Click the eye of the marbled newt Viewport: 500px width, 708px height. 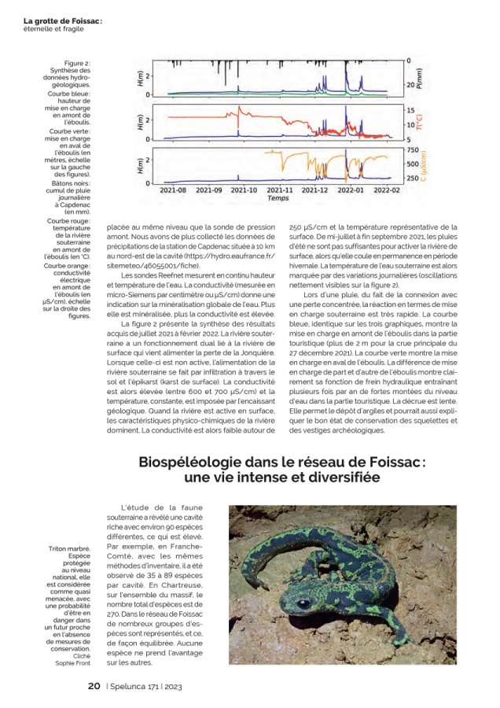(x=303, y=603)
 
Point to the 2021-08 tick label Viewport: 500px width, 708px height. (x=172, y=190)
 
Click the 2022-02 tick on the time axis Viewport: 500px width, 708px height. (x=386, y=190)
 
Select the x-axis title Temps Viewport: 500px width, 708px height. (x=277, y=198)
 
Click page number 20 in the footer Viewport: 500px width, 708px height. (x=94, y=686)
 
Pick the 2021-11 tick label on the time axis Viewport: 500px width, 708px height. (x=279, y=190)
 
